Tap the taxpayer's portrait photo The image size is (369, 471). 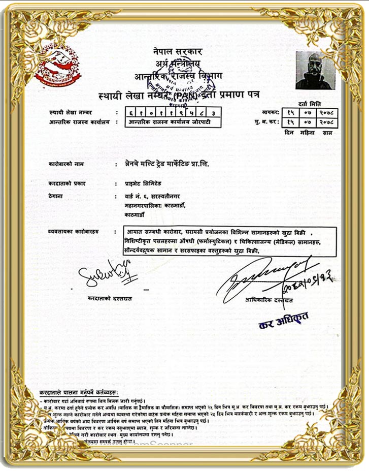pos(315,71)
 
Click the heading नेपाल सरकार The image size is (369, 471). pos(177,51)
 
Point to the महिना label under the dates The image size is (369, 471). pos(309,132)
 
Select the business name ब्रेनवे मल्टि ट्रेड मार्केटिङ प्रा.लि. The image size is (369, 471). pos(167,164)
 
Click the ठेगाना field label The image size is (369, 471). pos(56,196)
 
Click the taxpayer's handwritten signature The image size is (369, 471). pos(104,272)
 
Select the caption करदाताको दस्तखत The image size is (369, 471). pos(110,298)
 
